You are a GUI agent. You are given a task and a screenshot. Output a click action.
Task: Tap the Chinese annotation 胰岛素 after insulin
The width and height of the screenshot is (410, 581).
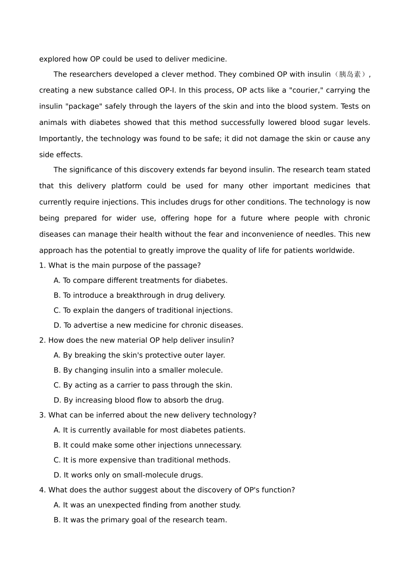pos(350,74)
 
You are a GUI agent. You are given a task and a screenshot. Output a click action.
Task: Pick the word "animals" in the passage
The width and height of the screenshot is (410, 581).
pos(53,122)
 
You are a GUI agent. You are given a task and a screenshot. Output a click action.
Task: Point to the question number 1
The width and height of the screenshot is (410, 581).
pos(42,265)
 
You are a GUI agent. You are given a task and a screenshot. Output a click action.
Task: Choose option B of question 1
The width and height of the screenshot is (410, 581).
pos(139,295)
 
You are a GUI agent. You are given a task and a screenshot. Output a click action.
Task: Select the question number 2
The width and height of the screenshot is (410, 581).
pos(42,340)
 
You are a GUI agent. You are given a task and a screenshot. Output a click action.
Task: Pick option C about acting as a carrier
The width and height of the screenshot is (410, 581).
pos(143,385)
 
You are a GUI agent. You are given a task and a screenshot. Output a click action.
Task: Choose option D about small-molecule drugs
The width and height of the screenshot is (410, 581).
pos(128,475)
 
